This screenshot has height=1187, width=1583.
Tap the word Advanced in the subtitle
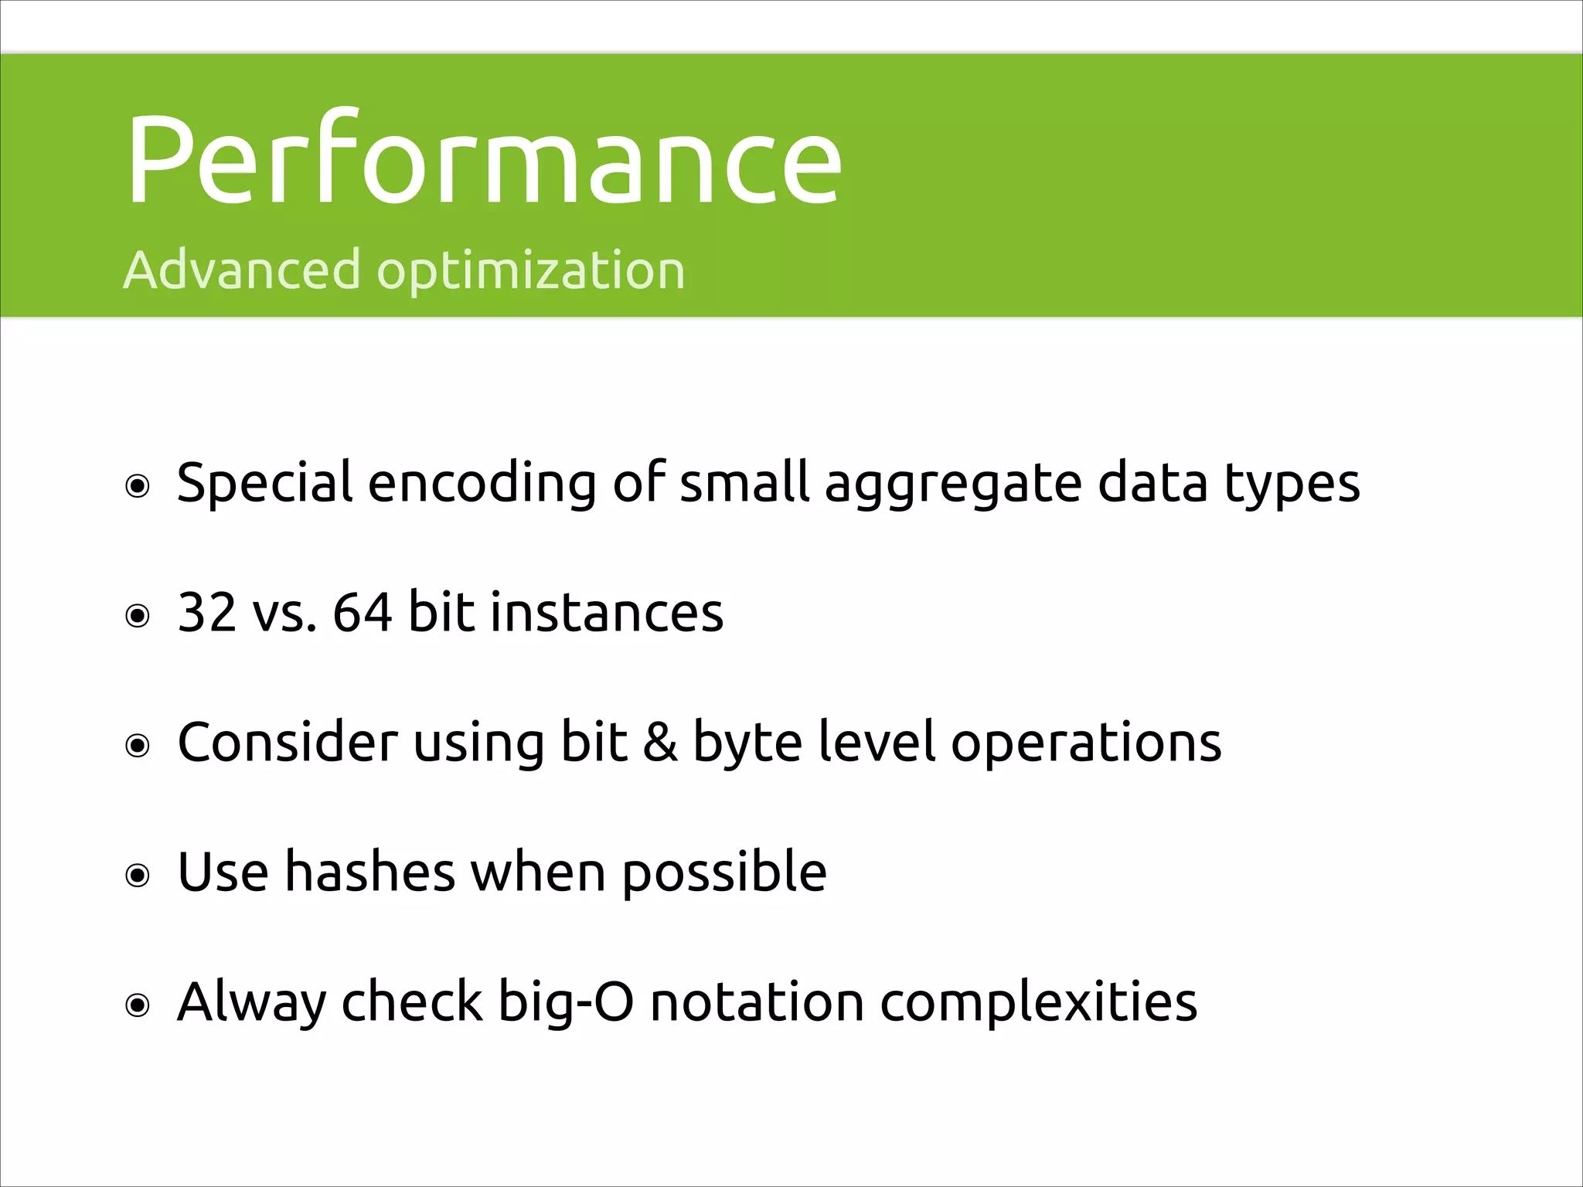[x=241, y=270]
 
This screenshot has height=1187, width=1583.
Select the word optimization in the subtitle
[x=530, y=272]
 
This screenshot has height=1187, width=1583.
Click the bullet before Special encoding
[x=138, y=486]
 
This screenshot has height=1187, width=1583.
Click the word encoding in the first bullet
[x=482, y=484]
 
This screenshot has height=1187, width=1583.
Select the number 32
[x=206, y=612]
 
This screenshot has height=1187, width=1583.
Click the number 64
[x=362, y=612]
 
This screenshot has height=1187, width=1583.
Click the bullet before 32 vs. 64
[x=138, y=616]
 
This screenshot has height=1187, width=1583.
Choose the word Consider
[x=287, y=742]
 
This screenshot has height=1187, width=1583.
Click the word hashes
[x=370, y=872]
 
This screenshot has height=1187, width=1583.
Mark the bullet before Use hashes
[x=138, y=876]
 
